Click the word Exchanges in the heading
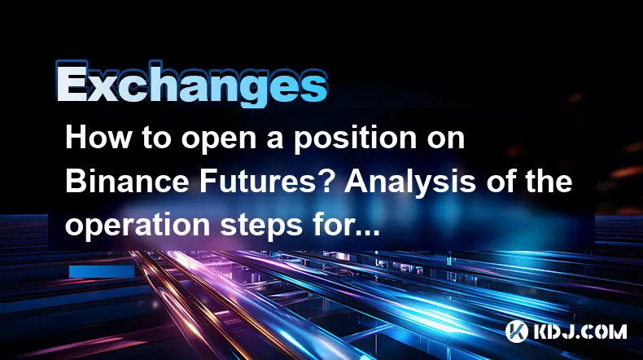tap(191, 84)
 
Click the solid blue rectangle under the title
tap(102, 271)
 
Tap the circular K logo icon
tap(516, 331)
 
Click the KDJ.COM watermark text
tap(580, 331)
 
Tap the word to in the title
tap(156, 139)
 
